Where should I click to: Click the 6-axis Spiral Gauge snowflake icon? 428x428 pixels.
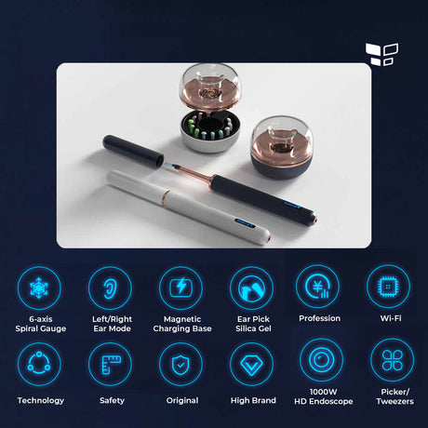[x=39, y=288]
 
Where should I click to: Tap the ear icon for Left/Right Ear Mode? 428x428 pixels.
[x=110, y=288]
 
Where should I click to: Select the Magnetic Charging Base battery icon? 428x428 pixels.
[x=181, y=288]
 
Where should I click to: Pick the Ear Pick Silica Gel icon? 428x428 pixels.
[x=251, y=288]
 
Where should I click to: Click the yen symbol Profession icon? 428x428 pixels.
[x=317, y=287]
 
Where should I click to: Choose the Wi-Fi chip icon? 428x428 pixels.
[x=388, y=287]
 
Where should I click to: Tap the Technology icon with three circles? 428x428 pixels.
[x=39, y=364]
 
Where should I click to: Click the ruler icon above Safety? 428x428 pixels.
[x=110, y=364]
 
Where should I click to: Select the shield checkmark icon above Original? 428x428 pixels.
[x=181, y=364]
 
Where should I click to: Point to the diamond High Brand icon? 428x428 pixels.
[x=251, y=364]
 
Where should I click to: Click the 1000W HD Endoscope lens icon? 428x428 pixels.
[x=322, y=360]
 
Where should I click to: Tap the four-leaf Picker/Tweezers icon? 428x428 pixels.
[x=392, y=360]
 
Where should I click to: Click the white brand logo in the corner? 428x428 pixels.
[x=381, y=54]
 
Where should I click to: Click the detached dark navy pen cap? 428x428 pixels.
[x=133, y=150]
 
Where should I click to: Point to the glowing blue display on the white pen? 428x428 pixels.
[x=245, y=223]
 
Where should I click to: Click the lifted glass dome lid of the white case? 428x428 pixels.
[x=209, y=88]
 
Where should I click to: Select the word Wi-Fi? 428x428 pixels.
[x=391, y=318]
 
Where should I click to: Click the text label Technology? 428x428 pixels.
[x=41, y=400]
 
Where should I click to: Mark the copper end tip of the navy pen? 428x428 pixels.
[x=314, y=219]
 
